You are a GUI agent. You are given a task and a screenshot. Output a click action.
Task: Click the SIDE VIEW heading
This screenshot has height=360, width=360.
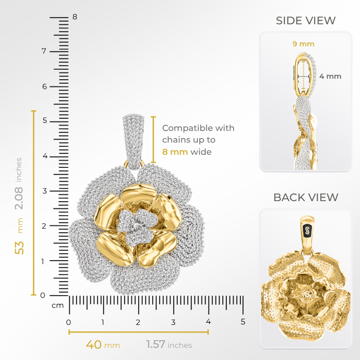click(x=306, y=21)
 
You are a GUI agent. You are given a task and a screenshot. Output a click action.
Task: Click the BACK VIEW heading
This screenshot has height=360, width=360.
click(x=306, y=197)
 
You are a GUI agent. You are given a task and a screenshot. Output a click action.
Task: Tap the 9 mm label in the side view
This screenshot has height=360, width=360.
click(x=303, y=44)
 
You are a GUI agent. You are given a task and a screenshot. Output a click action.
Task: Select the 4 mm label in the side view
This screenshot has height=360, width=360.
click(x=330, y=76)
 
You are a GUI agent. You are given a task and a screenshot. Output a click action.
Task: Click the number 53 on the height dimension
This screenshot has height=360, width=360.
click(x=19, y=247)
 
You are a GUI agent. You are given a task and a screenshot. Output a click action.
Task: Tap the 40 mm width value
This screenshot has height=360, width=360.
click(x=94, y=345)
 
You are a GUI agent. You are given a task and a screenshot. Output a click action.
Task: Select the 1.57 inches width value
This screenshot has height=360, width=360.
click(x=156, y=345)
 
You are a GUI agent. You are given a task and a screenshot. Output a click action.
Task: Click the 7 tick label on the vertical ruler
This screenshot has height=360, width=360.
click(x=44, y=51)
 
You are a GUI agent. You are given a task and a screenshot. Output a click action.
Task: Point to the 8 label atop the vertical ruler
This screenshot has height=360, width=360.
click(x=75, y=17)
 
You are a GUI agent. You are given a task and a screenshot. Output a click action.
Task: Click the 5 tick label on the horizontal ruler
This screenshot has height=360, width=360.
click(x=243, y=322)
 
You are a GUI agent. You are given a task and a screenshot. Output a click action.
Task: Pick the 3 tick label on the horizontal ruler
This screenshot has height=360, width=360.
click(x=173, y=322)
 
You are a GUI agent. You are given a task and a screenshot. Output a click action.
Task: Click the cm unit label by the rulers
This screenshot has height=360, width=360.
click(x=57, y=306)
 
